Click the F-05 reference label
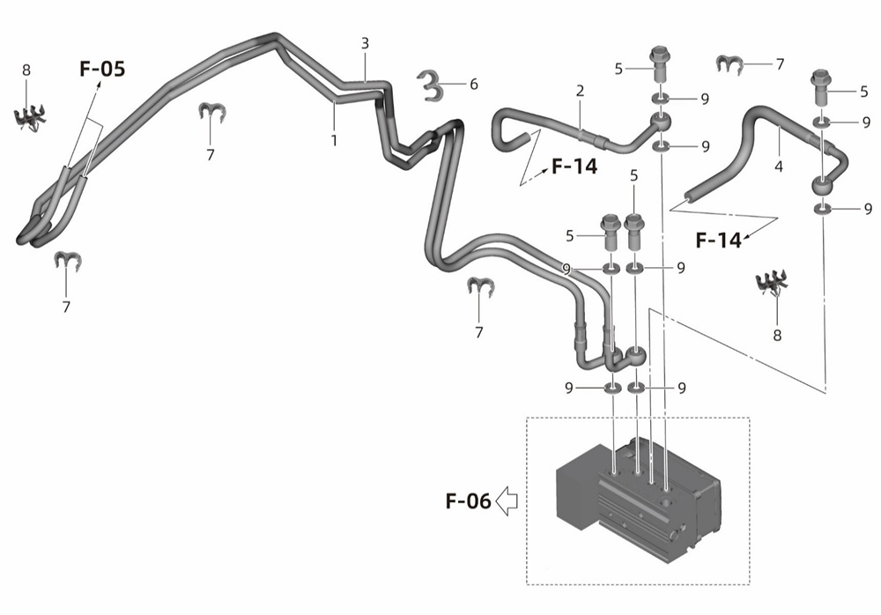pyautogui.click(x=102, y=69)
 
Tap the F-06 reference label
pyautogui.click(x=468, y=500)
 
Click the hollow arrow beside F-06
pyautogui.click(x=507, y=500)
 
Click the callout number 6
pyautogui.click(x=474, y=85)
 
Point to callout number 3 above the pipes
pyautogui.click(x=366, y=43)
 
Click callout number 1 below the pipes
pyautogui.click(x=334, y=141)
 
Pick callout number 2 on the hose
pyautogui.click(x=580, y=91)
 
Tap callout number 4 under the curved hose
pyautogui.click(x=778, y=167)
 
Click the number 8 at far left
pyautogui.click(x=26, y=70)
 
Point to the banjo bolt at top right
pyautogui.click(x=821, y=88)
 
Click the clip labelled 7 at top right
pyautogui.click(x=729, y=65)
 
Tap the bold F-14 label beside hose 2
pyautogui.click(x=574, y=167)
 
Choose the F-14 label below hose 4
pyautogui.click(x=718, y=241)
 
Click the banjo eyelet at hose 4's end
pyautogui.click(x=823, y=186)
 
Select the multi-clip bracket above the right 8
pyautogui.click(x=773, y=283)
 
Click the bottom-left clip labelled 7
pyautogui.click(x=68, y=261)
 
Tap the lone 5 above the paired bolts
pyautogui.click(x=634, y=175)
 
